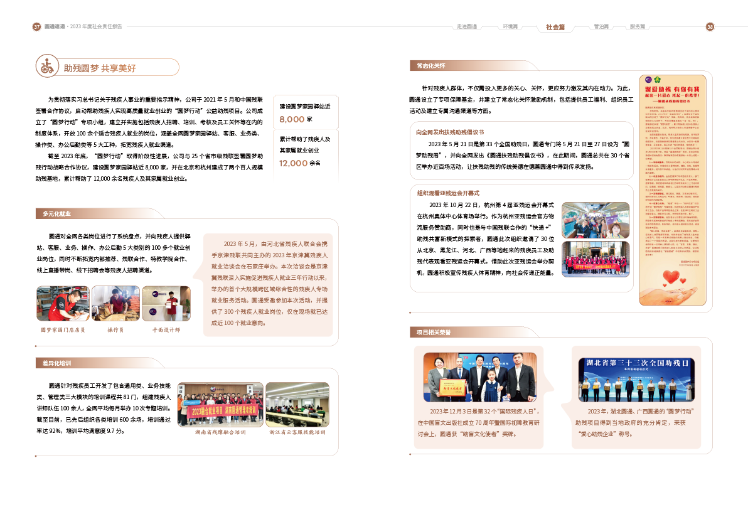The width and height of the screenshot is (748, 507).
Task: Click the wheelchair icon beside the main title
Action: point(46,67)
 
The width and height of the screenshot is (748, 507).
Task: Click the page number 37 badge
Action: point(36,27)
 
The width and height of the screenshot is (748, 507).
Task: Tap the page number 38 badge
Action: point(710,27)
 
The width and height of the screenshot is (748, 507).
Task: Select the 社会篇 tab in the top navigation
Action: point(555,27)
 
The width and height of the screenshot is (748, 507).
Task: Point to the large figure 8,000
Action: point(292,119)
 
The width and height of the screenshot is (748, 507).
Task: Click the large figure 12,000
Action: point(294,163)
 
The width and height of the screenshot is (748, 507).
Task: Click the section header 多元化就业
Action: point(56,214)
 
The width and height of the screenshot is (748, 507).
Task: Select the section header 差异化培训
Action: point(56,363)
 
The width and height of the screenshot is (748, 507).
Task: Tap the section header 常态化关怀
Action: point(430,65)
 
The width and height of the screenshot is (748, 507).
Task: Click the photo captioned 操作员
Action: point(115,304)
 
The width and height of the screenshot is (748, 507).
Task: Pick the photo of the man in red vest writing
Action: point(63,304)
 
